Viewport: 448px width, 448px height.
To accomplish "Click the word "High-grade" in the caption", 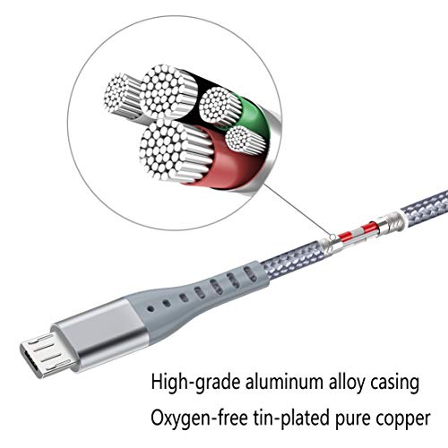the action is coord(195,383).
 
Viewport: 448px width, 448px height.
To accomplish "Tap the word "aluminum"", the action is coord(285,382).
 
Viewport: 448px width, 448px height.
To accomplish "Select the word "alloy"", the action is coord(347,383).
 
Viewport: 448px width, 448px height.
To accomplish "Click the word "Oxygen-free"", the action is coord(199,418).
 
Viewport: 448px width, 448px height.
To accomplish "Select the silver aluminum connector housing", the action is coord(100,333).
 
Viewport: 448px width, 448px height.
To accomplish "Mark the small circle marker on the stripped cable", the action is coord(332,237).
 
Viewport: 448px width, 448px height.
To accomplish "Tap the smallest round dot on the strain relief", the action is coord(151,308).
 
